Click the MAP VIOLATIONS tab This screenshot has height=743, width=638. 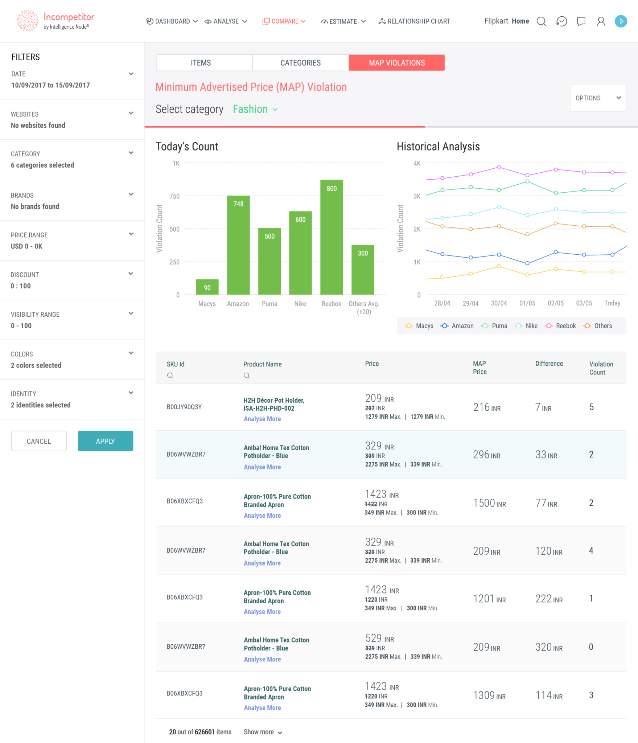point(396,63)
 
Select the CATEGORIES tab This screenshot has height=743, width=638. point(300,63)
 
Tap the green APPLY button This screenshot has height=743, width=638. point(105,441)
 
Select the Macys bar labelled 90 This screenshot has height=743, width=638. point(207,287)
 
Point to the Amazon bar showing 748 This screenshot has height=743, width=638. point(238,245)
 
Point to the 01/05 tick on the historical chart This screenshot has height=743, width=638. point(527,303)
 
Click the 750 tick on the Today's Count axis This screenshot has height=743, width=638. point(174,196)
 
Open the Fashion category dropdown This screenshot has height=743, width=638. point(255,109)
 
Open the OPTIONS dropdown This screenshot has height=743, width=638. point(598,98)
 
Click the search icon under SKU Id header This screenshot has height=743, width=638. point(170,375)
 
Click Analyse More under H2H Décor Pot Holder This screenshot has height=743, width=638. point(262,419)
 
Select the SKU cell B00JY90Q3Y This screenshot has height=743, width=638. point(184,407)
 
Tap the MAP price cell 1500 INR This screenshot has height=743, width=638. point(489,503)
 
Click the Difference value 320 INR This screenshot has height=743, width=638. point(549,647)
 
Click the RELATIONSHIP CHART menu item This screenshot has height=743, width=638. point(414,21)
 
